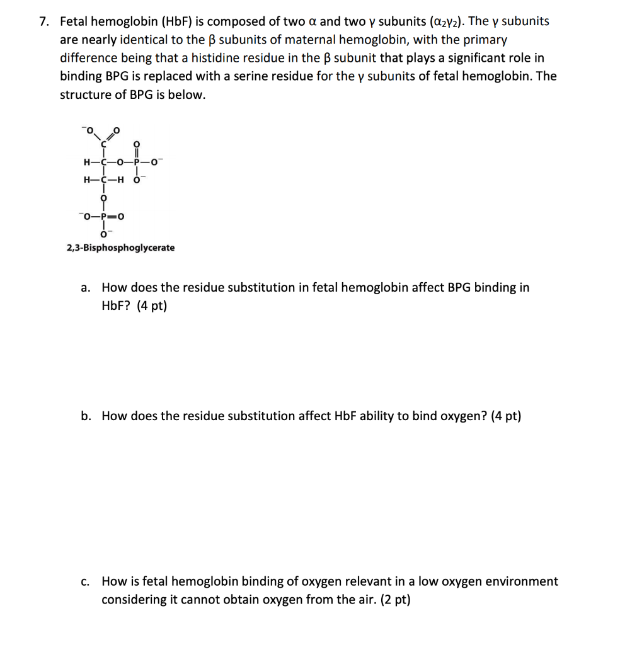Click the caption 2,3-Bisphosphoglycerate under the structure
(121, 248)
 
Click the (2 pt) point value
(394, 600)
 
